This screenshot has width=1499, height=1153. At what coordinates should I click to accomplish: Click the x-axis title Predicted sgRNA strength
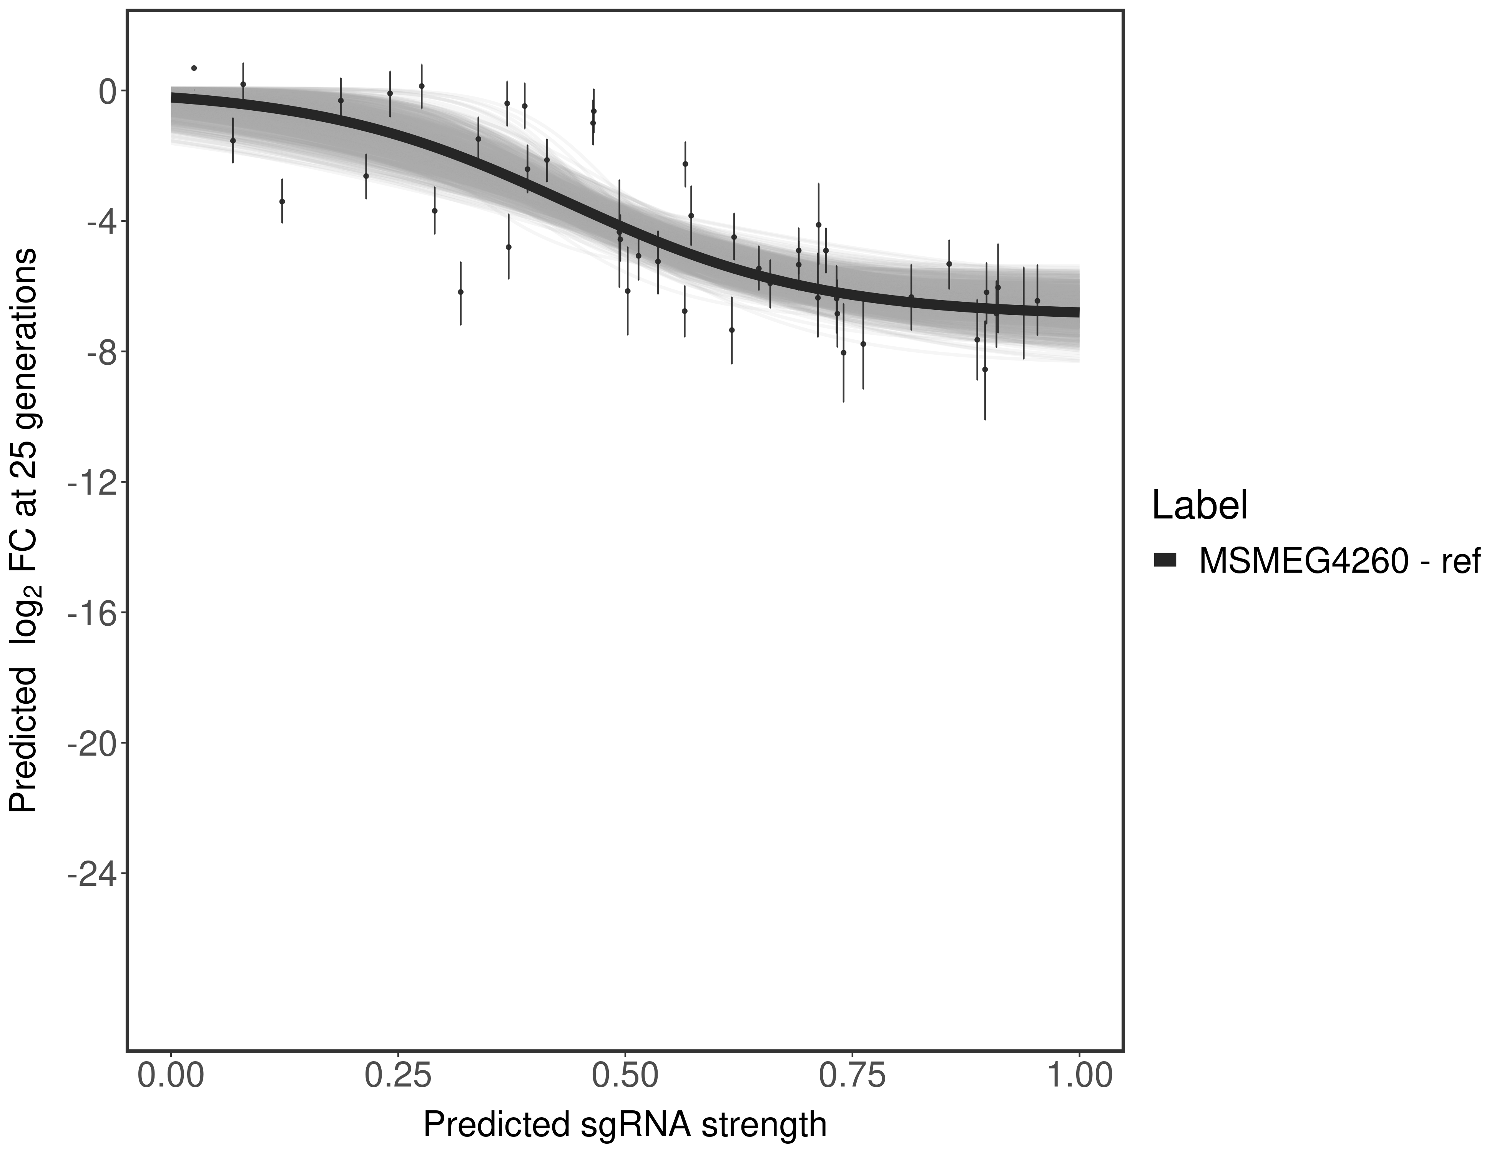[625, 1126]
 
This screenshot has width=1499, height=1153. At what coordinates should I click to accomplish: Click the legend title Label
[1199, 506]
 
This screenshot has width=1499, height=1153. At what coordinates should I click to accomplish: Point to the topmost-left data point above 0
[194, 68]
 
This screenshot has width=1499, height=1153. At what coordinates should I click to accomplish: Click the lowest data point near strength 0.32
[460, 292]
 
